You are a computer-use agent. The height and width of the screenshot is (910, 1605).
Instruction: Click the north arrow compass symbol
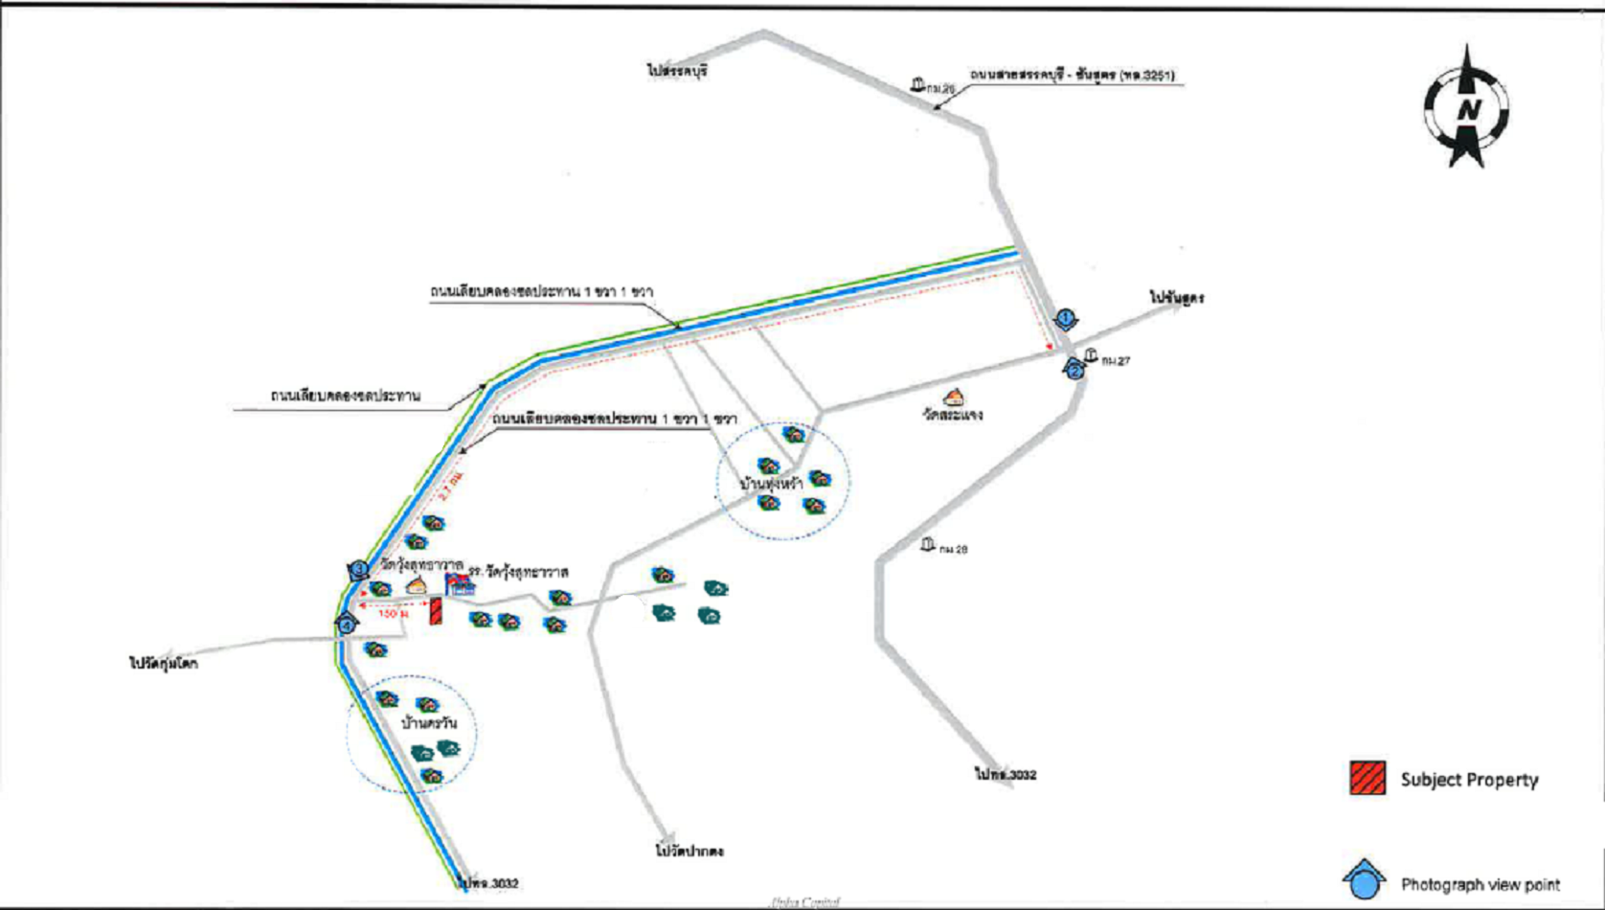1465,107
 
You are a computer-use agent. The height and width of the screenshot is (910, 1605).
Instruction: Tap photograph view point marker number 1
1065,319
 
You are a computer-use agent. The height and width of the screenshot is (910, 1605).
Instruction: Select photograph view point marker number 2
1074,369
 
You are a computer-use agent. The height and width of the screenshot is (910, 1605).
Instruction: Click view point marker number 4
347,625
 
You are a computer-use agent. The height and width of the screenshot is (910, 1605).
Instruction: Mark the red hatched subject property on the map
436,611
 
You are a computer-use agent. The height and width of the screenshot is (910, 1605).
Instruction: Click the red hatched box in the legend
1368,778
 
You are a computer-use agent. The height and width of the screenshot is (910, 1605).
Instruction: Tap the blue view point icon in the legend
1364,879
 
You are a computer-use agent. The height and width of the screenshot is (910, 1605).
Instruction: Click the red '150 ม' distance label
393,614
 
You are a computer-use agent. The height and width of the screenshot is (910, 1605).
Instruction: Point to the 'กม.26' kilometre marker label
940,88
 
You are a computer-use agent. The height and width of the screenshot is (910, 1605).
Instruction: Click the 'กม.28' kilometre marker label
953,549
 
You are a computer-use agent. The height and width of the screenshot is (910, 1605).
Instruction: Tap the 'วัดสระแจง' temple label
953,415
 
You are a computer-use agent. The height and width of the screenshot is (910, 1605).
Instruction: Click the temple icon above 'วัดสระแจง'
953,397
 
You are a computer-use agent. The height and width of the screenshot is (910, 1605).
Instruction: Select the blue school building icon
461,585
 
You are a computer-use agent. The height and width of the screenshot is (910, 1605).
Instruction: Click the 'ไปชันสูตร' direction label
1177,298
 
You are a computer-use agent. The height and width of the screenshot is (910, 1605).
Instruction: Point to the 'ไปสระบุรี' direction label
677,71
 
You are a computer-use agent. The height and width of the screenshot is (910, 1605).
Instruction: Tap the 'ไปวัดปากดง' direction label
689,851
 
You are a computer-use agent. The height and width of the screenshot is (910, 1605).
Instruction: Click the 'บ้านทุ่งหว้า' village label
771,484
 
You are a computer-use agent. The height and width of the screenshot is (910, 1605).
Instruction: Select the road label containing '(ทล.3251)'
1073,75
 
